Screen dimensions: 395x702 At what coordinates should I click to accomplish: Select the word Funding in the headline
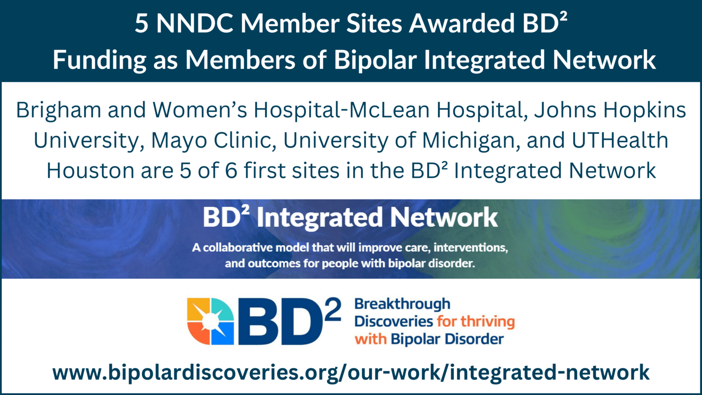point(100,60)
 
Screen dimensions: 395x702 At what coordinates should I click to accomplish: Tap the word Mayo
point(176,140)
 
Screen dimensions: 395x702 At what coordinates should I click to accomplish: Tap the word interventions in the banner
point(471,248)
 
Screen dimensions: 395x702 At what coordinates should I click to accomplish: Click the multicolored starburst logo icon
point(210,321)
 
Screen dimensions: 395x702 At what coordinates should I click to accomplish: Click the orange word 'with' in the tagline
point(371,339)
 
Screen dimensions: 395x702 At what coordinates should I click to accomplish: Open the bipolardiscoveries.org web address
point(351,372)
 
